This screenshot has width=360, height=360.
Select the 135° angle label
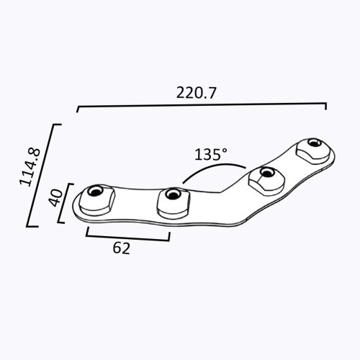point(211,154)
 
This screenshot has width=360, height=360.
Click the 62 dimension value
point(122,249)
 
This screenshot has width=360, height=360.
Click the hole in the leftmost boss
point(94,192)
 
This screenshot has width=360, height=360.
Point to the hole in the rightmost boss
point(314,142)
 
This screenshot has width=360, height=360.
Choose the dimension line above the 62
point(128,235)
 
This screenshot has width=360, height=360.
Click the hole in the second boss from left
point(173,194)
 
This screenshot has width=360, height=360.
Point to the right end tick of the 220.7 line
point(326,107)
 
